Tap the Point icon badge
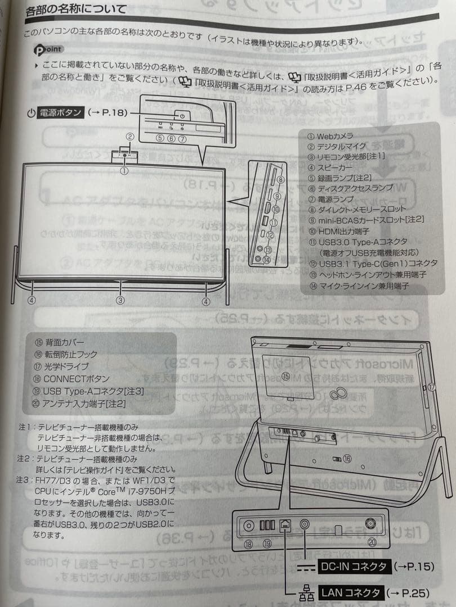tap(47, 49)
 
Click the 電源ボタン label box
tap(61, 112)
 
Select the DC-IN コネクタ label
tap(353, 567)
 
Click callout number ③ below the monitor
tap(120, 300)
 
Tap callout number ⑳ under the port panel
tap(372, 542)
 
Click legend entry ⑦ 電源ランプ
tap(332, 199)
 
